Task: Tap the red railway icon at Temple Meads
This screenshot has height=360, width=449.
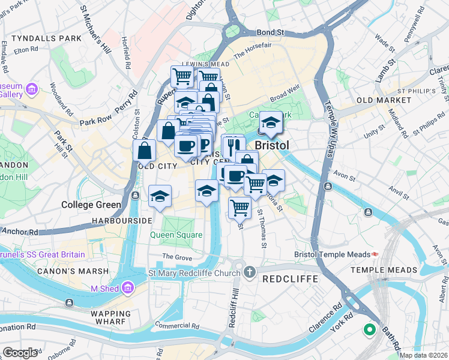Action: tap(375, 254)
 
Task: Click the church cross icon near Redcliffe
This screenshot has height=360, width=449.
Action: tap(250, 273)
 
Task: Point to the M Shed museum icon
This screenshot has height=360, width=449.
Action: tap(127, 289)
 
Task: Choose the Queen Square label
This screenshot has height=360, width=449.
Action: tap(176, 235)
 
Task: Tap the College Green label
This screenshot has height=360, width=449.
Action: tap(91, 205)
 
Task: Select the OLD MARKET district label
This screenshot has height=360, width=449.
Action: tap(381, 100)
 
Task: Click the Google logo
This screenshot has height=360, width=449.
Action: tap(20, 353)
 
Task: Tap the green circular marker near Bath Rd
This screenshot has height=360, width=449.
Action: tap(369, 330)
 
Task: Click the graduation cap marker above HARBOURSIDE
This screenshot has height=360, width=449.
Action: tap(160, 196)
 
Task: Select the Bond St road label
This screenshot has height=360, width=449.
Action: tap(269, 32)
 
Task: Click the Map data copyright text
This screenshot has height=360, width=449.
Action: tap(424, 355)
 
